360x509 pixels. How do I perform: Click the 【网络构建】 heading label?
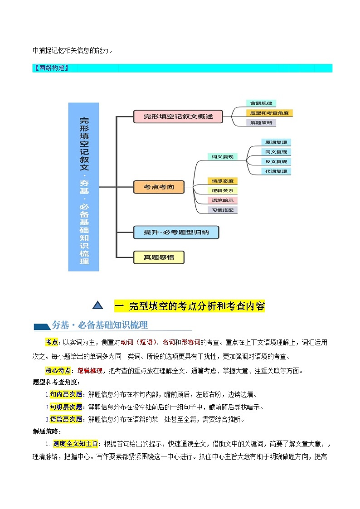tap(51, 68)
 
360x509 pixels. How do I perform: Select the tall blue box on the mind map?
tap(83, 186)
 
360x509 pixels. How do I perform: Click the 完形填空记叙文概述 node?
tap(178, 116)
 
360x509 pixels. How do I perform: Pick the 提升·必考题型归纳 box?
tap(176, 233)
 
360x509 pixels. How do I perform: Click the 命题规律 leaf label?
tap(261, 103)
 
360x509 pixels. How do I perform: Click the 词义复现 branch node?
tap(222, 157)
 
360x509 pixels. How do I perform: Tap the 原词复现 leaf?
tap(276, 142)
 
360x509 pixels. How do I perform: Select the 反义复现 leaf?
tap(276, 162)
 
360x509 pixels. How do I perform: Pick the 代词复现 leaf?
tap(276, 171)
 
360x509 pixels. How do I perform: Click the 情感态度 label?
tap(222, 181)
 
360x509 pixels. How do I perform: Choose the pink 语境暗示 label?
tap(222, 200)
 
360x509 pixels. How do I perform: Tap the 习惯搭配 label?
tap(222, 210)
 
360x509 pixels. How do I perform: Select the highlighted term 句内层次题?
tap(66, 394)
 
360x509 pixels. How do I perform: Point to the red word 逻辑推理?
tap(90, 370)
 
